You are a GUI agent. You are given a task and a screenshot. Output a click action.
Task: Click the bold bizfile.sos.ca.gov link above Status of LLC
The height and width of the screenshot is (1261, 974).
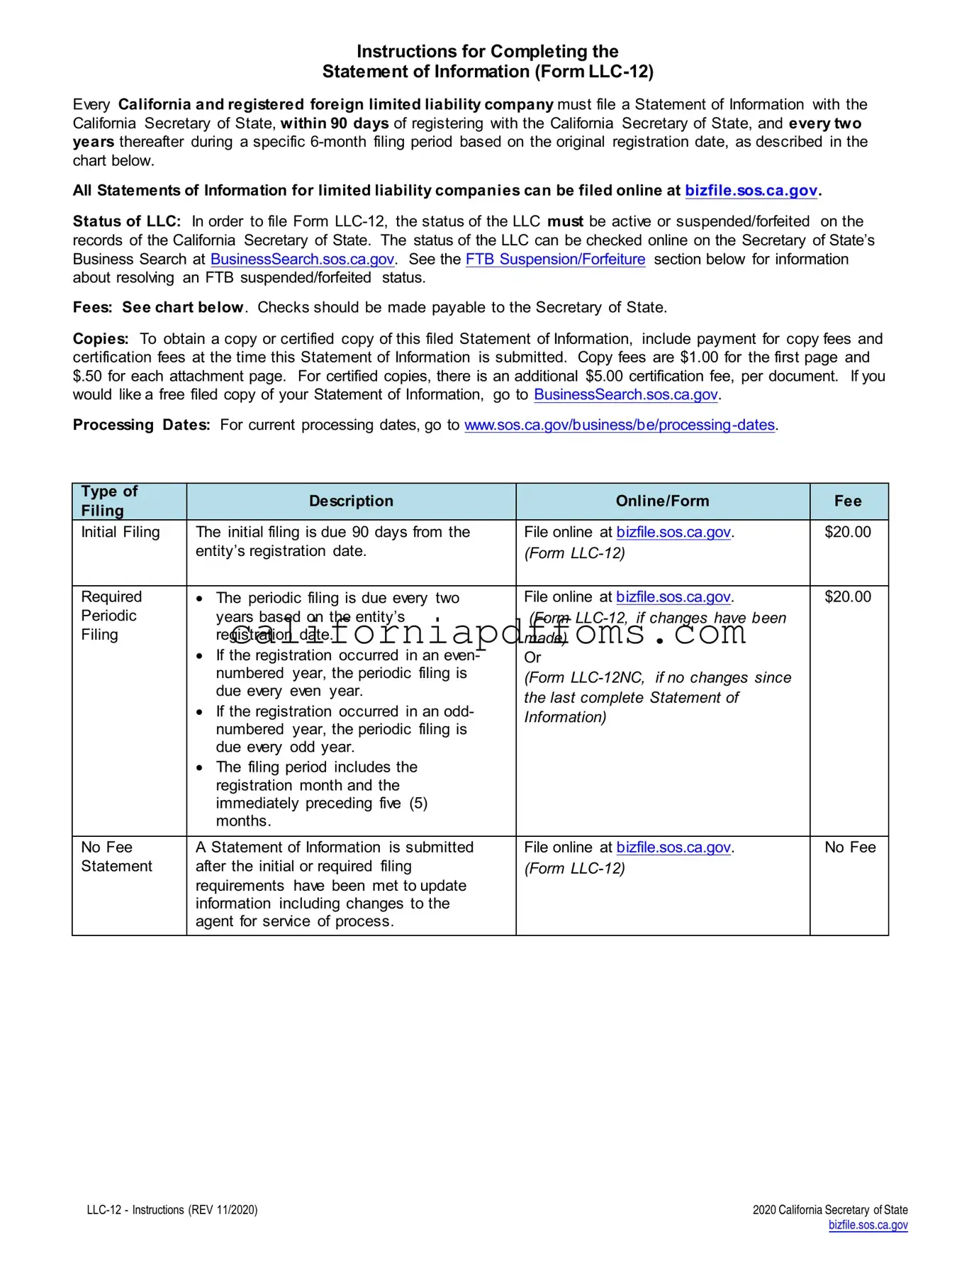[x=751, y=191]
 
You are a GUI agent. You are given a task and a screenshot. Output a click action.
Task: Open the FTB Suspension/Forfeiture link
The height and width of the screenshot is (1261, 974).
[x=555, y=260]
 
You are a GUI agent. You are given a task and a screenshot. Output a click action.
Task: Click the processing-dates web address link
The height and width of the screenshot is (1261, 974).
[x=619, y=425]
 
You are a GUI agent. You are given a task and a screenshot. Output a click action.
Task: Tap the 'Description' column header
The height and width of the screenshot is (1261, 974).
[x=351, y=501]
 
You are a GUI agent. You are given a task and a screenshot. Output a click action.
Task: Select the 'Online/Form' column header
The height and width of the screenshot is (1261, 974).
[x=662, y=501]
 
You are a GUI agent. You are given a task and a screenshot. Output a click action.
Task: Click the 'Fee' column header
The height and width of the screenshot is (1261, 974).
[x=848, y=501]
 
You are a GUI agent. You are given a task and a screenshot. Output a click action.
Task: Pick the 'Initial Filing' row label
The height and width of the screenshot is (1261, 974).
[x=121, y=533]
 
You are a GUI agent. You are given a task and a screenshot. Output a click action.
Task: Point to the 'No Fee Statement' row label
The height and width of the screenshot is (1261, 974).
[x=116, y=857]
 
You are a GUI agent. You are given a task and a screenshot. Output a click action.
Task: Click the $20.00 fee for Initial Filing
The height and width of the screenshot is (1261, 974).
[x=848, y=533]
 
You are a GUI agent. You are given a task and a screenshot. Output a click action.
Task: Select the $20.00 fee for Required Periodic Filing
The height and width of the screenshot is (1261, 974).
[x=848, y=597]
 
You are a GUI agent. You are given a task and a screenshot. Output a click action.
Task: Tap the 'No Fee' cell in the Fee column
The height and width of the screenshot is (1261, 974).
[x=850, y=848]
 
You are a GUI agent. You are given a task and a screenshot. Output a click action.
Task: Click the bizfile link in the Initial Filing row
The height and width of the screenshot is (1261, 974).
[x=673, y=533]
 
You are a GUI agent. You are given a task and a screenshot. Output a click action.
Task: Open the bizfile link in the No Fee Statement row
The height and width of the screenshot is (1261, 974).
[x=673, y=848]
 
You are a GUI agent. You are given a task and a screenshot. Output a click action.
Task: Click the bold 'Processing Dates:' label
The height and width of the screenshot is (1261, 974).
[x=141, y=425]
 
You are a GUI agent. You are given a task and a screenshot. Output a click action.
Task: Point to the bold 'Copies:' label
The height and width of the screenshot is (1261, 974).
[x=101, y=339]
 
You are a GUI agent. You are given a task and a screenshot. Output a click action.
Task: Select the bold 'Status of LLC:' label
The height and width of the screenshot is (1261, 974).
[x=126, y=222]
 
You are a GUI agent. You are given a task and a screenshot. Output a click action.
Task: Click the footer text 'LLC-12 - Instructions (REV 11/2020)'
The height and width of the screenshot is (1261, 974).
[x=172, y=1210]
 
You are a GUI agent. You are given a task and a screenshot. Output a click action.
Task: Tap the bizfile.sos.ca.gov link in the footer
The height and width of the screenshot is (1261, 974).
[x=868, y=1225]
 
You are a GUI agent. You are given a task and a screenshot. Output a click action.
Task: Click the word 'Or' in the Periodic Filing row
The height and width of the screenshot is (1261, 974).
[x=532, y=657]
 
